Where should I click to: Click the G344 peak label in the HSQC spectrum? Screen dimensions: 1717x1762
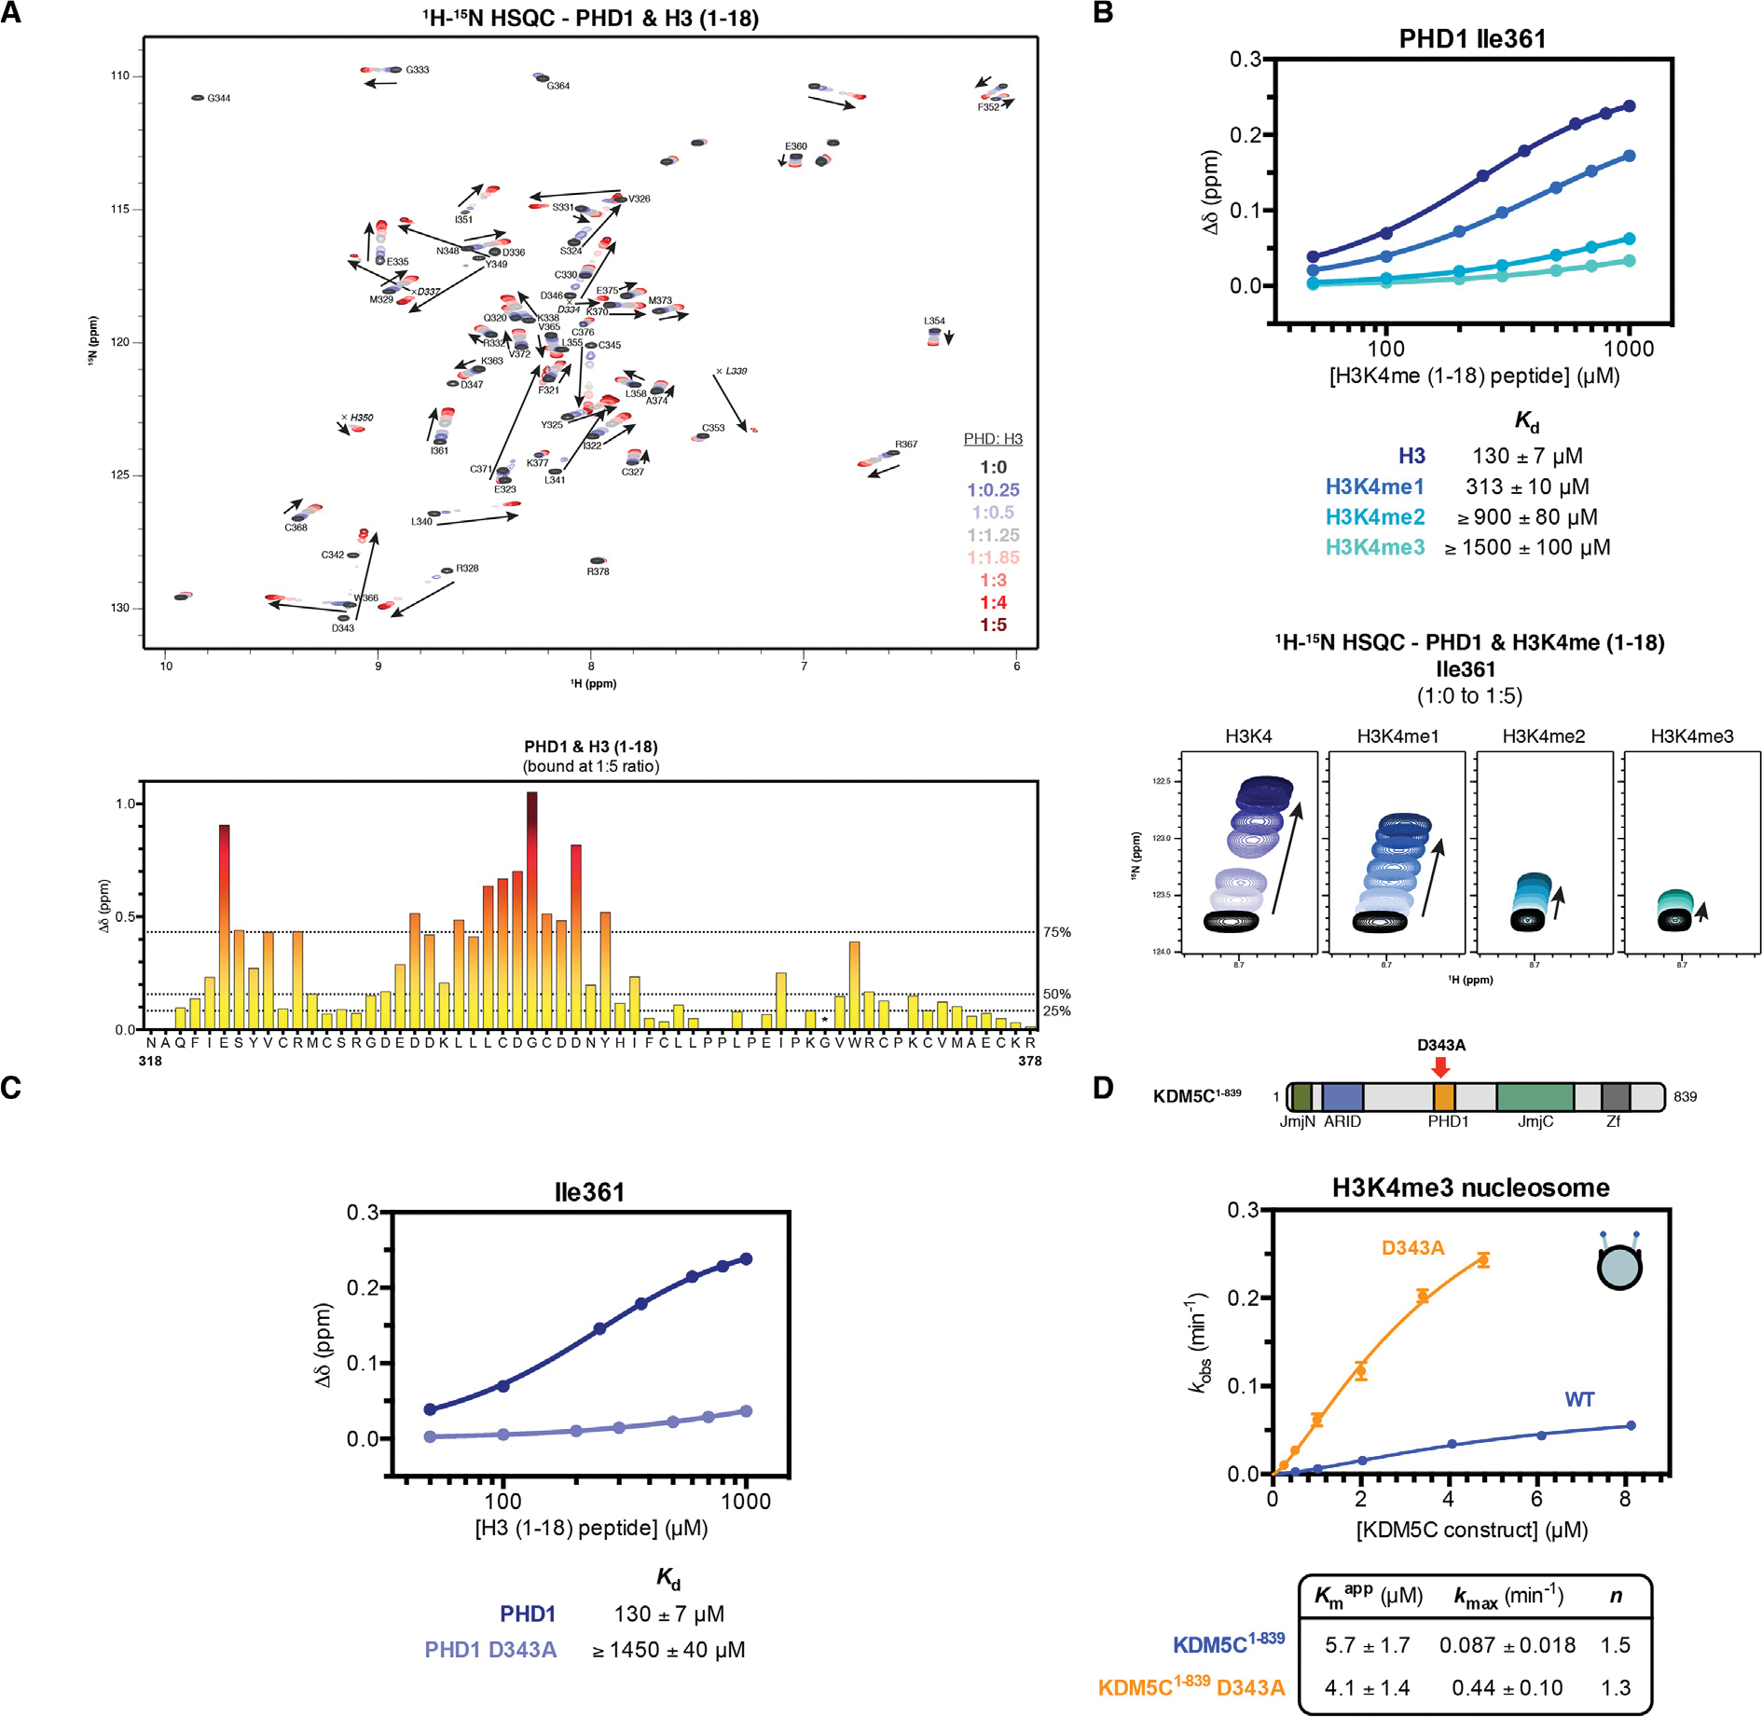(219, 98)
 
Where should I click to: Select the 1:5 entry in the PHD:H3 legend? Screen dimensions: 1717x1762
(993, 625)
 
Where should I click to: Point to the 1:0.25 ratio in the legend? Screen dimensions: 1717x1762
(993, 490)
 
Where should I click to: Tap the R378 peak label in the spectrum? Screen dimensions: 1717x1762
(598, 571)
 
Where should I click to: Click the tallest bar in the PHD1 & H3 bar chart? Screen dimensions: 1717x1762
(531, 909)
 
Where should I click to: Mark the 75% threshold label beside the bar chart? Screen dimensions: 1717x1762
(1056, 932)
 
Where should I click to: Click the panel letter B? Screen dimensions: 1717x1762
(1103, 13)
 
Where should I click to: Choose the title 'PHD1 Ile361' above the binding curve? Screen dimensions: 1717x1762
(1472, 39)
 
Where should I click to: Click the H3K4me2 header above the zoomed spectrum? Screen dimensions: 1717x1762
(1543, 736)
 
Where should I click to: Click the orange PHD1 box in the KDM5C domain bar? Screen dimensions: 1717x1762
(1444, 1096)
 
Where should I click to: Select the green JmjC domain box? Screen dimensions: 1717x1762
(1535, 1096)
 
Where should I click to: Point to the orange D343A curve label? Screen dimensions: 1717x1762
(1412, 1248)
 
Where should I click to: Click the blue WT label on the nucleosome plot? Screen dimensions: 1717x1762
(1579, 1399)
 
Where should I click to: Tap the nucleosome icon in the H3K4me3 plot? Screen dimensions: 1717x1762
(1619, 1265)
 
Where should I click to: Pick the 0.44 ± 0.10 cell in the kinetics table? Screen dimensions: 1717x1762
(1507, 1688)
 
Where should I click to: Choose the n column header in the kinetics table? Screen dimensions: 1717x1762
(1616, 1597)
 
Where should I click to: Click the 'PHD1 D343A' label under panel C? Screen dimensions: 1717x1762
(490, 1650)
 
